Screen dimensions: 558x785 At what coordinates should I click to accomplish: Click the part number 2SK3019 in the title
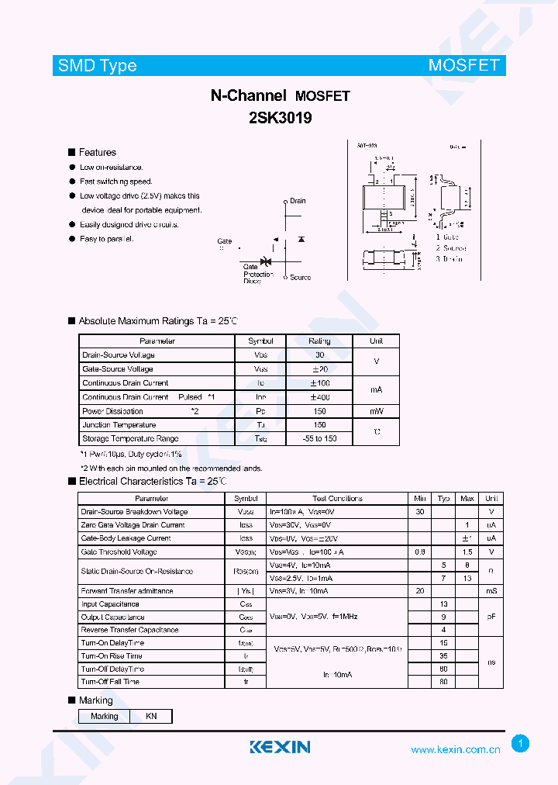coord(281,119)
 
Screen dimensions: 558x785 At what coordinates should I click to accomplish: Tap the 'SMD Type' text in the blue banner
coord(97,66)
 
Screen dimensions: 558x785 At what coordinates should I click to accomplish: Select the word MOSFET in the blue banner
coord(463,66)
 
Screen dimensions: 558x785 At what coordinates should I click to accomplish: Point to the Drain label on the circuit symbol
coord(298,201)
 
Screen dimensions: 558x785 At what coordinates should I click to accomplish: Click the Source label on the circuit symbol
coord(300,277)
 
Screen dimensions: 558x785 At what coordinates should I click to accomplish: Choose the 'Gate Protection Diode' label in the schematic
coord(257,274)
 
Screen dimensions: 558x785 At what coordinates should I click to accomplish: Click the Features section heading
coord(97,153)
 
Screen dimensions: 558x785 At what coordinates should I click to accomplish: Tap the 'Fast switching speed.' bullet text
coord(116,182)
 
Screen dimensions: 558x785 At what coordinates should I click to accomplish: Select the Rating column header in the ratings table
coord(319,341)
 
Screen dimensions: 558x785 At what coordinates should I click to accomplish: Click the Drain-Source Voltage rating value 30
coord(319,355)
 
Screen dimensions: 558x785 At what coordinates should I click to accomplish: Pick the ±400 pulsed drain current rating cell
coord(319,397)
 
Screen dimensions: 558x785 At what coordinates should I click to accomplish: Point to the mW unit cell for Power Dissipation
coord(376,411)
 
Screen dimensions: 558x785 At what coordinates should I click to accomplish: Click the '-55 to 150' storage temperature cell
coord(319,439)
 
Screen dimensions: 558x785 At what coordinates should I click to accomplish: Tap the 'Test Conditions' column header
coord(337,499)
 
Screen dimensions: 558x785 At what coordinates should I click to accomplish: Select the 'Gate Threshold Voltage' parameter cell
coord(119,552)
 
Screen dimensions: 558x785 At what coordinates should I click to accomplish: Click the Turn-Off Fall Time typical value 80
coord(444,682)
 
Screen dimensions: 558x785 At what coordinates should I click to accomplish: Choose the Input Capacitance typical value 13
coord(444,604)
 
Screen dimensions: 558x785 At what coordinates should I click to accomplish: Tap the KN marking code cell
coord(151,716)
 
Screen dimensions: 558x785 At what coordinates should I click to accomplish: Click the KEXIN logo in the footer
coord(280,747)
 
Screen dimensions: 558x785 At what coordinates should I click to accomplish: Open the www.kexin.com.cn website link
coord(455,750)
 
